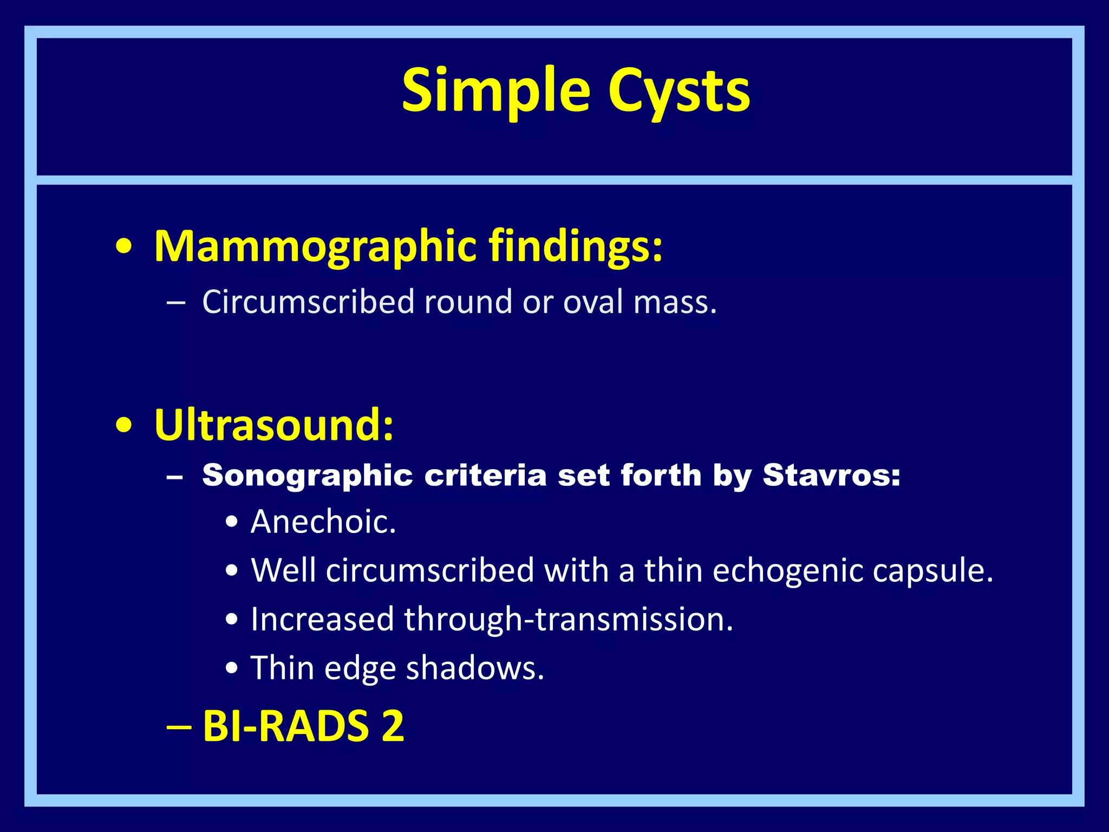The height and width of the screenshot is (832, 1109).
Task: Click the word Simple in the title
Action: (495, 91)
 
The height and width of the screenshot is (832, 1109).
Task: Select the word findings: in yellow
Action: (576, 247)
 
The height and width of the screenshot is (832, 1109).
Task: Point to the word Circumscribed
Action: (308, 302)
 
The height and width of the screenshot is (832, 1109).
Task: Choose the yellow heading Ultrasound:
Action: (274, 425)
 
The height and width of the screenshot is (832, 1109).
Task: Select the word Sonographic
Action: (308, 476)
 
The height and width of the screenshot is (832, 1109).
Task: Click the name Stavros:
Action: (831, 475)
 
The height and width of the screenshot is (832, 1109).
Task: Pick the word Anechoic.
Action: (323, 522)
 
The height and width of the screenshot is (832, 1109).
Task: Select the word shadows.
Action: (475, 668)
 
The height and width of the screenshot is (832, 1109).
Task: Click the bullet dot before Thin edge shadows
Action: (232, 669)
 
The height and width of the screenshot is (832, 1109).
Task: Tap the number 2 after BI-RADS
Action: (393, 726)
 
